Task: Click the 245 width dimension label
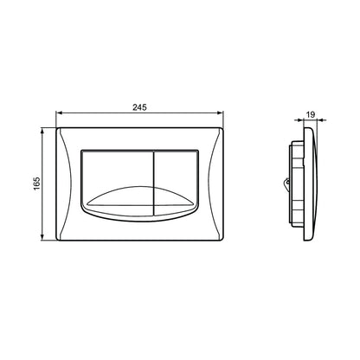click(x=139, y=107)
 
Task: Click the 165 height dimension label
click(x=36, y=183)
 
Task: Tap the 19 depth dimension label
click(x=311, y=114)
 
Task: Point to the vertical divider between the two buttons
click(x=153, y=183)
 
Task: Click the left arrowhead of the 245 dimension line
click(x=59, y=112)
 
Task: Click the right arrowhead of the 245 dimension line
click(x=221, y=112)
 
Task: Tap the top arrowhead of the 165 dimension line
click(x=42, y=131)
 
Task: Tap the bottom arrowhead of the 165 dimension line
click(x=42, y=237)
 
